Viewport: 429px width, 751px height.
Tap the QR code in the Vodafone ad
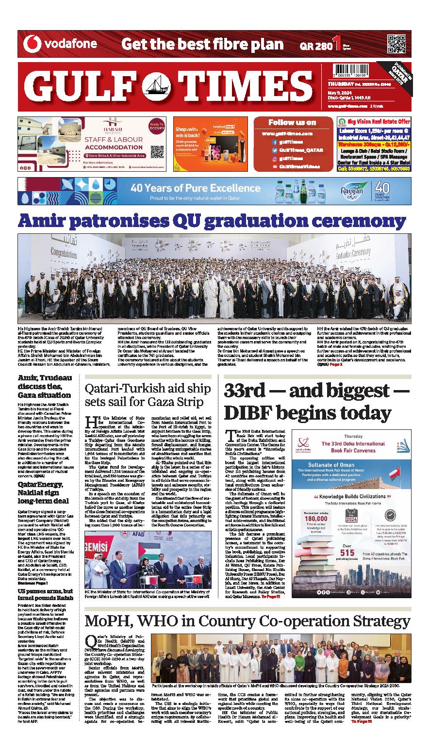pos(396,44)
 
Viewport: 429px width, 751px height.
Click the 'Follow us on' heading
pos(292,122)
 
